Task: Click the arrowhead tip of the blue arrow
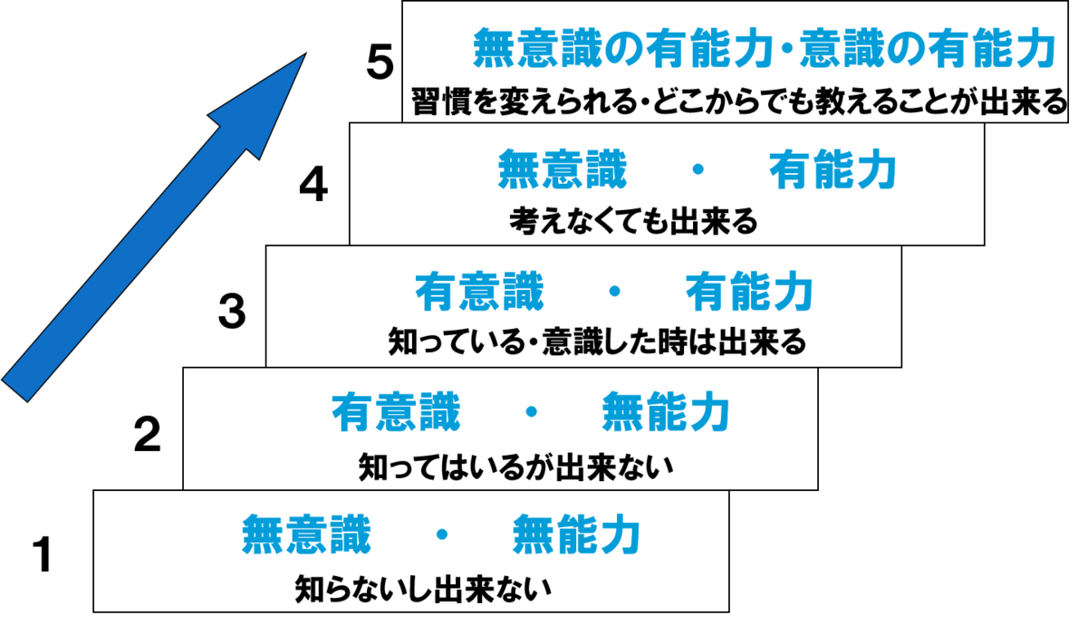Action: [302, 57]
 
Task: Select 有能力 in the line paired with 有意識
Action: [749, 292]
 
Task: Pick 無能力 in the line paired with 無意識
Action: [577, 534]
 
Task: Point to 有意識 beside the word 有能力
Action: [479, 292]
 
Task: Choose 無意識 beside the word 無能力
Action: [307, 534]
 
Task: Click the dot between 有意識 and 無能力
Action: [532, 412]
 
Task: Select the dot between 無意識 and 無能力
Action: [442, 534]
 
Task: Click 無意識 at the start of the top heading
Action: [538, 51]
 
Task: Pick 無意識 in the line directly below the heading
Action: [563, 169]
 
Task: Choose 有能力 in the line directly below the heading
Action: [832, 169]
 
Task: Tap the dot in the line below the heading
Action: [697, 169]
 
